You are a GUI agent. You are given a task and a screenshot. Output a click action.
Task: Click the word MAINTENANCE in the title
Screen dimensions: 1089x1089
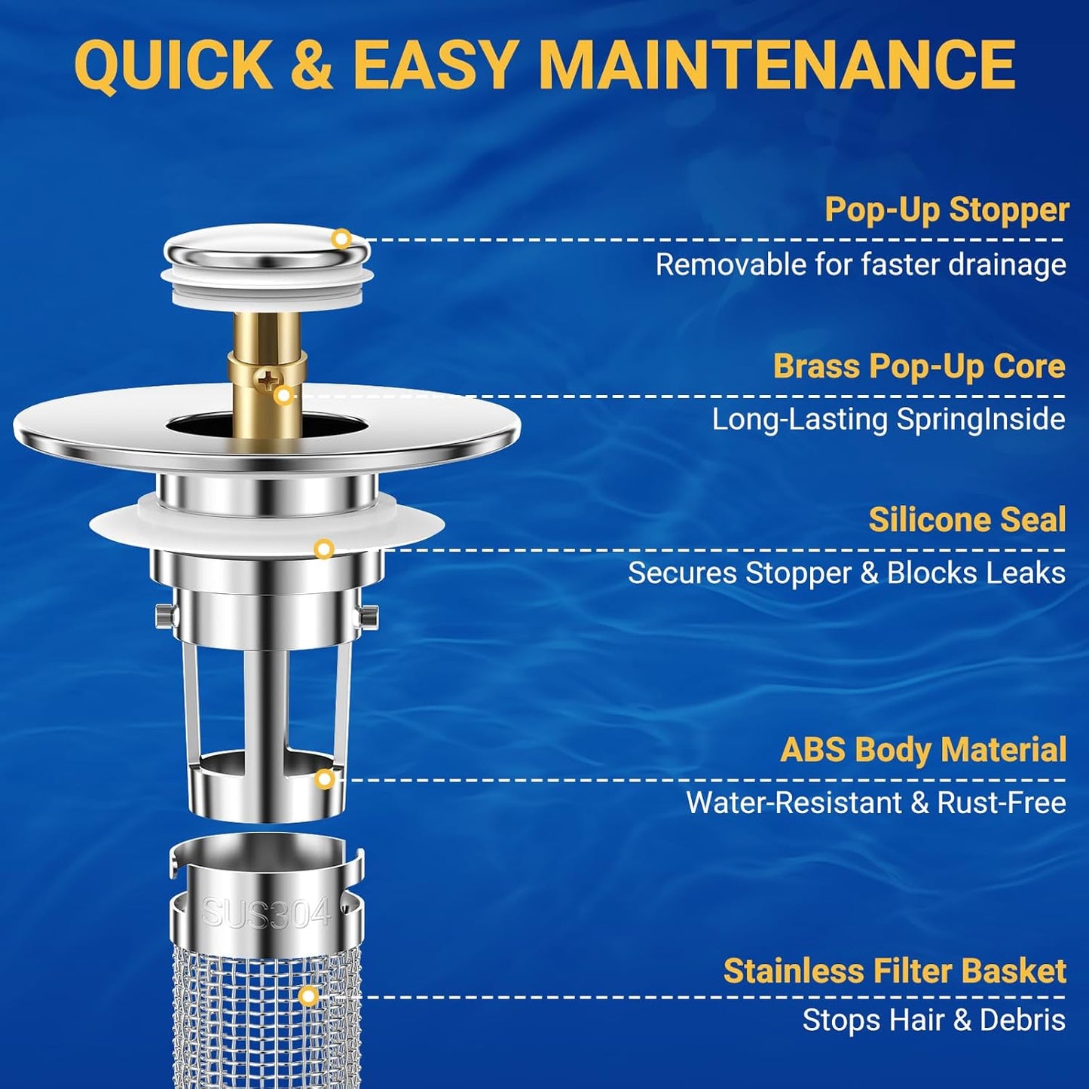(778, 65)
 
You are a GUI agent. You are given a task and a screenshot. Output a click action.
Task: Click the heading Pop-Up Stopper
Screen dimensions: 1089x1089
(947, 210)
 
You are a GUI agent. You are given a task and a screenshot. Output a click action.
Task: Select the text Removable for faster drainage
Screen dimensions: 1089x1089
(861, 265)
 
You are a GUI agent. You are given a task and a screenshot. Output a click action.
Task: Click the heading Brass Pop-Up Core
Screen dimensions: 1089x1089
(919, 366)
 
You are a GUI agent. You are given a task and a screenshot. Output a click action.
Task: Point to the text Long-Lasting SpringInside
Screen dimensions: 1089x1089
(889, 420)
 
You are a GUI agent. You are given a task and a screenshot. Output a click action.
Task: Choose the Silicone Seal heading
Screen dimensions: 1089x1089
(967, 520)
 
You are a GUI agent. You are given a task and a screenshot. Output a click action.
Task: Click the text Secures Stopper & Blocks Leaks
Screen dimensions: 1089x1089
(846, 574)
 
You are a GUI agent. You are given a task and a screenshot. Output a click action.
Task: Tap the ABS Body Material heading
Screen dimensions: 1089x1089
(923, 750)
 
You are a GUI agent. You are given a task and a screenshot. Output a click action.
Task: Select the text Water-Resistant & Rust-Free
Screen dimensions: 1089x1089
(876, 803)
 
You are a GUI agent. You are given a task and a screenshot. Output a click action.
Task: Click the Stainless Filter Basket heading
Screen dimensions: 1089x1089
(895, 971)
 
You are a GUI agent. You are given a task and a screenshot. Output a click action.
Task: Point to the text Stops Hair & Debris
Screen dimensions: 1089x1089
(934, 1020)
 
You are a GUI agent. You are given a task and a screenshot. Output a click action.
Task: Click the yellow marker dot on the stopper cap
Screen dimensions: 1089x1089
(341, 239)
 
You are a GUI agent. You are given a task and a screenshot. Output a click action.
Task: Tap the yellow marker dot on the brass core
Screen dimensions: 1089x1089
(283, 395)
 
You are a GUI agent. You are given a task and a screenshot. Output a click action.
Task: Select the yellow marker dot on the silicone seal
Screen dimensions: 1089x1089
(324, 549)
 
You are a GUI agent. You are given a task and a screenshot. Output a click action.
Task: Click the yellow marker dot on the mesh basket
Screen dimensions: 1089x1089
(307, 996)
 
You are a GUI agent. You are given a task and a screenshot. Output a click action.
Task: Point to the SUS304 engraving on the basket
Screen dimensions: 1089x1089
(266, 913)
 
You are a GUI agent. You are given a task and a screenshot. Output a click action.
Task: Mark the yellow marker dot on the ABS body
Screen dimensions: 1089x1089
(325, 779)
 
